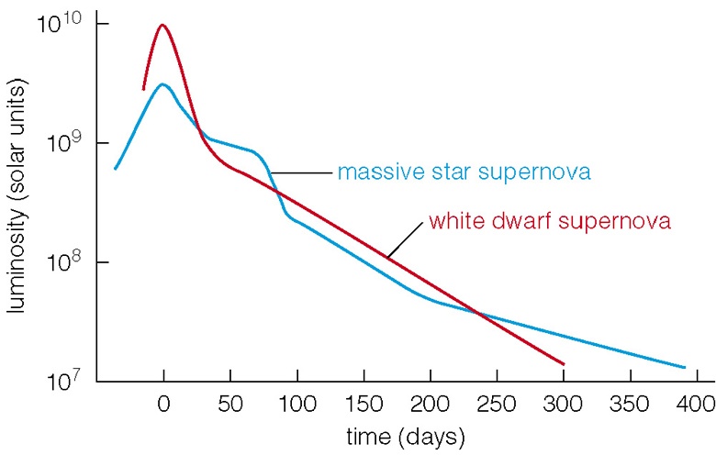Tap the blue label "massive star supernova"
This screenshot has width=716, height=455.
462,172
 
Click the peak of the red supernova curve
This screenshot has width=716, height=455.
162,25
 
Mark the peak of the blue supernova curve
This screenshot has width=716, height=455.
162,84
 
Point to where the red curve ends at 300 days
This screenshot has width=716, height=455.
563,364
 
